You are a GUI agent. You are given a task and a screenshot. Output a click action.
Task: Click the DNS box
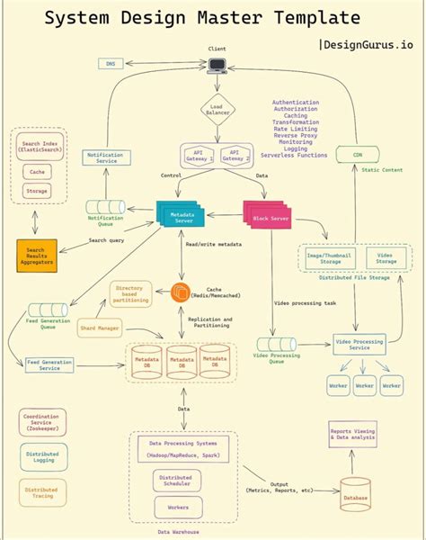[x=111, y=64]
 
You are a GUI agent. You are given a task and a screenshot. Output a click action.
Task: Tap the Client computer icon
[x=217, y=65]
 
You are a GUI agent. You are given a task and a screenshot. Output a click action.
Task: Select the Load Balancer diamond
[x=217, y=111]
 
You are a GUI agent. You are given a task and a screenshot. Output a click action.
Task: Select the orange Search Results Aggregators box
[x=40, y=255]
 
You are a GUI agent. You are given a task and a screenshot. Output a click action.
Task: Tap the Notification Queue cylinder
[x=104, y=208]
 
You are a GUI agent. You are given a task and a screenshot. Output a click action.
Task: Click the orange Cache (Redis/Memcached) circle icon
[x=182, y=292]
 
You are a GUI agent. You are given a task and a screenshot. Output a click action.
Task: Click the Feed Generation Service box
[x=50, y=364]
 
